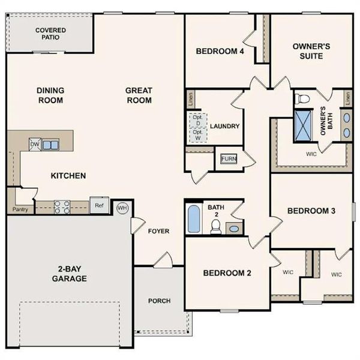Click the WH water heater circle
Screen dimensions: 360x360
pos(123,208)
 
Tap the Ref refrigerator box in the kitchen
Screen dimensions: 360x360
pos(99,205)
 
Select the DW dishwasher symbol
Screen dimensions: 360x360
pos(35,144)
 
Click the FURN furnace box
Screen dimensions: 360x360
pos(229,158)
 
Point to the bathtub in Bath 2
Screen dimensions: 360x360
pos(194,220)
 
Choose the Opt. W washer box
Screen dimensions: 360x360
pos(197,135)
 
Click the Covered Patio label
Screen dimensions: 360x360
pos(50,34)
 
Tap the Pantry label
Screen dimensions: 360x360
pos(20,209)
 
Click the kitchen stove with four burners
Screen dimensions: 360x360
pos(62,206)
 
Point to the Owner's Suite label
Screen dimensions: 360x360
pos(308,51)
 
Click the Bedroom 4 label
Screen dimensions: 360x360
pos(220,52)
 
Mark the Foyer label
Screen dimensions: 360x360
pos(158,231)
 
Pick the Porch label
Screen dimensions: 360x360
pos(159,301)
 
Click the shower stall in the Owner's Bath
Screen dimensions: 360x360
pos(304,125)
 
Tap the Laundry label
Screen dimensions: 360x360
pos(225,127)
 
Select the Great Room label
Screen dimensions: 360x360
pos(139,95)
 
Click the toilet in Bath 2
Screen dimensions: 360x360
pos(217,226)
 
